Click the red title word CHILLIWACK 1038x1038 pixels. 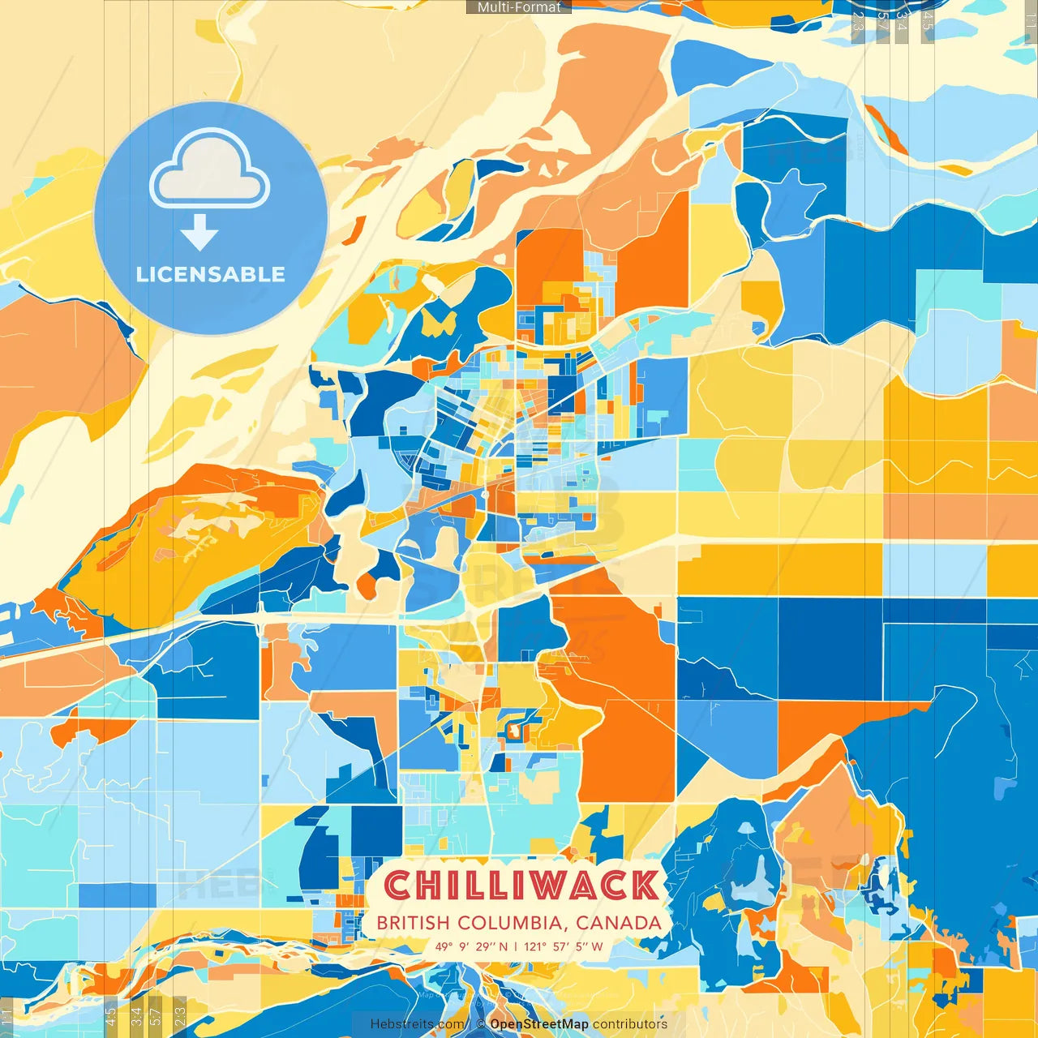coord(521,886)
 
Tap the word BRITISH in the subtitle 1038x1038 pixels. coord(413,923)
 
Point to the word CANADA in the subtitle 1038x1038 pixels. coord(619,923)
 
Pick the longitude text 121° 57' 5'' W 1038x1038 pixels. coord(564,946)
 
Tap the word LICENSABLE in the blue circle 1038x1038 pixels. coord(211,274)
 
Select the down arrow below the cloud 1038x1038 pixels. coord(199,233)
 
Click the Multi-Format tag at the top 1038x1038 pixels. coord(519,7)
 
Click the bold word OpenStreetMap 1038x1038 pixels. coord(539,1024)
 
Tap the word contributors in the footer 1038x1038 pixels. coord(630,1024)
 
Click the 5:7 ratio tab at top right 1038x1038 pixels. coord(882,20)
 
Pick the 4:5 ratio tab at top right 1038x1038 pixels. coord(928,20)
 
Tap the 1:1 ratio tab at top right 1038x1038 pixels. coord(1030,20)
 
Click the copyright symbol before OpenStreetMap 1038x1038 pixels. coord(480,1024)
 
